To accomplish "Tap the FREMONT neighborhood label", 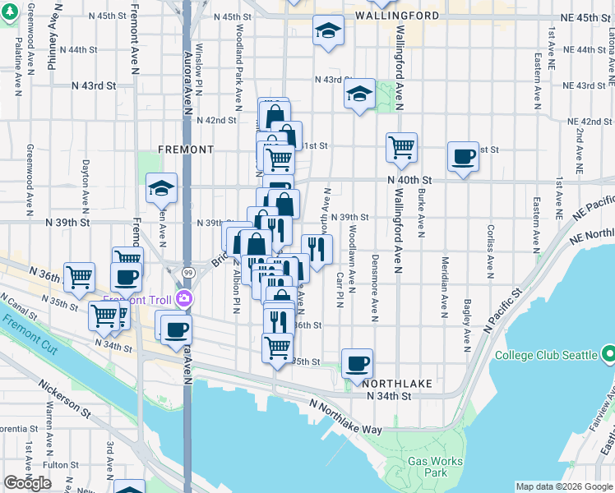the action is click(x=187, y=150).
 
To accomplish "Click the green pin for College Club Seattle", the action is click(x=608, y=355).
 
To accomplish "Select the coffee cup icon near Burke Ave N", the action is click(x=464, y=156).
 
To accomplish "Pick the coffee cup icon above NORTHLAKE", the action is click(x=357, y=363).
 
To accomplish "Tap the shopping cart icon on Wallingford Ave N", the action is click(x=401, y=148).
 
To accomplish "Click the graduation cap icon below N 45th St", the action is click(x=328, y=30).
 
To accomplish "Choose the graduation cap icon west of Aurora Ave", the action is click(x=162, y=188).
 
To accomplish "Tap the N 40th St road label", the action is click(x=410, y=180).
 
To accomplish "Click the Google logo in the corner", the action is click(x=27, y=483).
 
